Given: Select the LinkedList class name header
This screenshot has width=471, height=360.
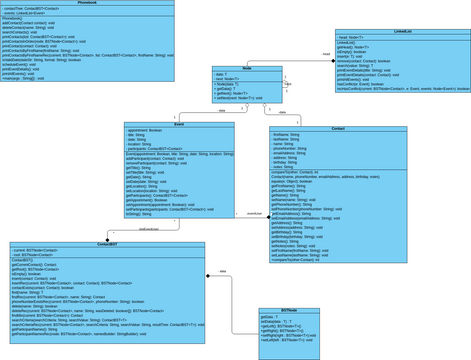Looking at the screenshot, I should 402,31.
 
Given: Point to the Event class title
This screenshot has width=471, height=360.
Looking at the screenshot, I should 178,125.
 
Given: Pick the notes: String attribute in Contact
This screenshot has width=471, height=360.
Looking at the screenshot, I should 284,164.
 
